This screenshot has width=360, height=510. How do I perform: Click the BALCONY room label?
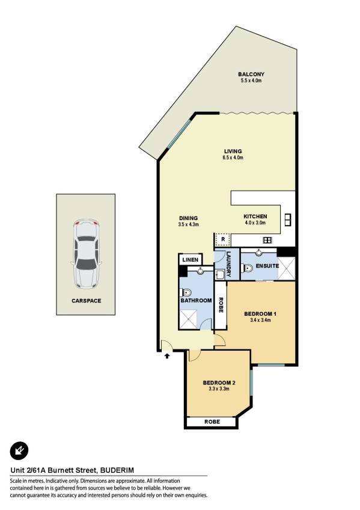click(x=251, y=74)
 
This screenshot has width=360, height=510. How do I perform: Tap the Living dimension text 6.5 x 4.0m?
click(x=233, y=158)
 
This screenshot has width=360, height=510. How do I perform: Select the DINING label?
click(x=189, y=218)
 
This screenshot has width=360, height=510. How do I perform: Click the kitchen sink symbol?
click(x=288, y=220)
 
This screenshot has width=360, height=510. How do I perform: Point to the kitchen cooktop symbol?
click(x=267, y=241)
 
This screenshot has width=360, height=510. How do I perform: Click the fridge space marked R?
click(x=223, y=239)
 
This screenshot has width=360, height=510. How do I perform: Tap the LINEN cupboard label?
click(x=190, y=260)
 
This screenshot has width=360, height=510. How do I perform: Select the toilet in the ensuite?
click(x=248, y=268)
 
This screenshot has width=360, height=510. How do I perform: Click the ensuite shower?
click(x=287, y=268)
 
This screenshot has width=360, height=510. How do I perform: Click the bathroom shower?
click(x=189, y=319)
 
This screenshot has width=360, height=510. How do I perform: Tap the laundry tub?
click(x=220, y=275)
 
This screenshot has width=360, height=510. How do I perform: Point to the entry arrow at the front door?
click(x=167, y=356)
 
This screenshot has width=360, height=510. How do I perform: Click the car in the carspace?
click(x=85, y=254)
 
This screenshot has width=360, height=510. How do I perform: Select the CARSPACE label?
click(x=87, y=301)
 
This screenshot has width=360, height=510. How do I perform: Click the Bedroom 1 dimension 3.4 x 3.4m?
click(x=260, y=320)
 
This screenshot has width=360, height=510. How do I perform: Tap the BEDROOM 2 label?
click(x=219, y=383)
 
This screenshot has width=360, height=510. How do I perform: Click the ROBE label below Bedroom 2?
click(x=212, y=422)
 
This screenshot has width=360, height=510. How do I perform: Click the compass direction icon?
click(x=19, y=450)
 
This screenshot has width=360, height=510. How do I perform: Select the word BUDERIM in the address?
click(x=117, y=470)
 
